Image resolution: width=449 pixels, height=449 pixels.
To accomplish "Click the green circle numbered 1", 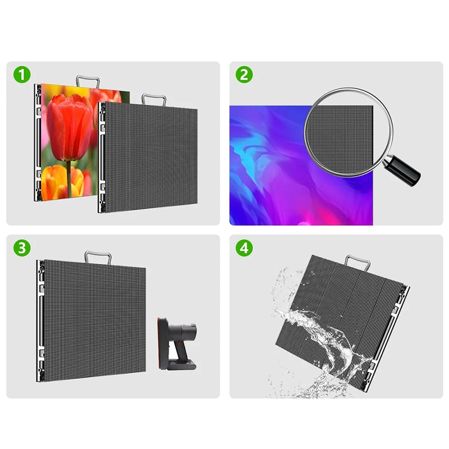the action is (x=22, y=75).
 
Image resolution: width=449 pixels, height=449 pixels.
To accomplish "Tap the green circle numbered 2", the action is (x=244, y=75).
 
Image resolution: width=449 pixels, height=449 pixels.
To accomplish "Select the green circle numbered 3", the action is (x=22, y=248).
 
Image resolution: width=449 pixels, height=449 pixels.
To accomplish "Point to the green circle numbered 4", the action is (x=244, y=248).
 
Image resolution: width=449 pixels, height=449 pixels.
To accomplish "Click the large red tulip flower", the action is (x=70, y=127).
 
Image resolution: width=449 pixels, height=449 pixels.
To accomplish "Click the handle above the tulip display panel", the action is (x=88, y=81).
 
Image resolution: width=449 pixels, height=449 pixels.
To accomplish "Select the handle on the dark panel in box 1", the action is (x=154, y=99).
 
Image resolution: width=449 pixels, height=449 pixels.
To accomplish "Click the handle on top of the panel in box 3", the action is (x=98, y=257).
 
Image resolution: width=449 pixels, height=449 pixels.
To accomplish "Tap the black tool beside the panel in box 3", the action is (x=177, y=343).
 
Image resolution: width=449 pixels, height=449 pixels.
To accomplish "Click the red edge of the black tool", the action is (x=159, y=343).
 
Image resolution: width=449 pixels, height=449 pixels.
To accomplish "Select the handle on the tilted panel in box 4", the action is (x=358, y=262).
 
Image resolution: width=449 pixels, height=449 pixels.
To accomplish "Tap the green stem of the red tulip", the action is (x=68, y=179).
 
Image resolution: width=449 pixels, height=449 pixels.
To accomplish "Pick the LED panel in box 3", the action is (x=91, y=320).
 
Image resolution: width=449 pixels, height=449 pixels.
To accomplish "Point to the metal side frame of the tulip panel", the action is (x=38, y=143).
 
